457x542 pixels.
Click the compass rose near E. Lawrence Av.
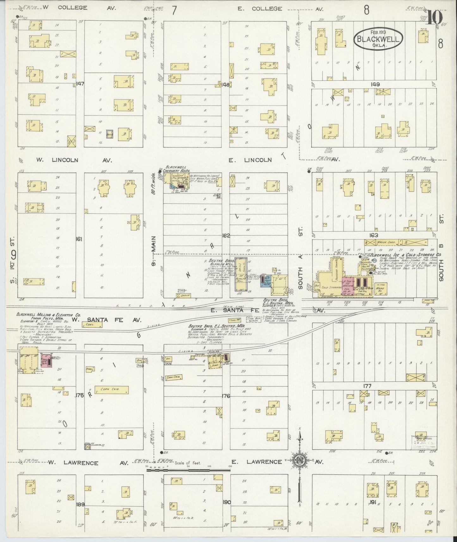point(299,460)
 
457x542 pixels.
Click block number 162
point(226,236)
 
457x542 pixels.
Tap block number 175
point(79,396)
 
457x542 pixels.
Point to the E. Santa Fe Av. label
point(266,311)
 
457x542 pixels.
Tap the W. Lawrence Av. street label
point(88,463)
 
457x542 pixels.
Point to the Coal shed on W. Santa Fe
point(90,324)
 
